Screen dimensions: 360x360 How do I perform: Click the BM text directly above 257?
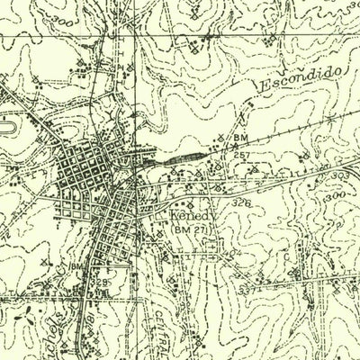click(239, 138)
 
